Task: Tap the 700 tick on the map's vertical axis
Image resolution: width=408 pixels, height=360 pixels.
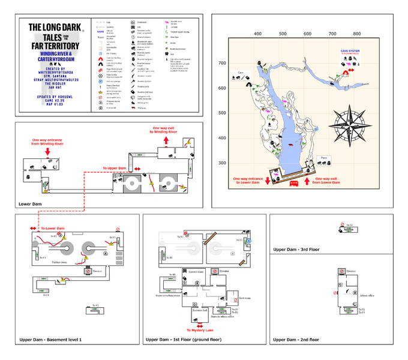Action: [222, 63]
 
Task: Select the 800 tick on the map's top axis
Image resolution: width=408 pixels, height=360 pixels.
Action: [357, 34]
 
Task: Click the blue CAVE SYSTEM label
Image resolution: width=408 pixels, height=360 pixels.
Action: [350, 52]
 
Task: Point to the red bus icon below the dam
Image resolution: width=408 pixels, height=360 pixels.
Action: [294, 184]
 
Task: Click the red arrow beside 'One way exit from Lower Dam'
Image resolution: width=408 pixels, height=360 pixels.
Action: [308, 180]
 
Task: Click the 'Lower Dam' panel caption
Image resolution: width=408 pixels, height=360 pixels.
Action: [30, 204]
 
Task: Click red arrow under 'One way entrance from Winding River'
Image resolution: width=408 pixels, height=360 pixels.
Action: [47, 152]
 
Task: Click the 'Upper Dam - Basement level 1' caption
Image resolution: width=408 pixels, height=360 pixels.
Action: [50, 340]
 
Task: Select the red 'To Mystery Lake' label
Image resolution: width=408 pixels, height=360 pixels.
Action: [200, 330]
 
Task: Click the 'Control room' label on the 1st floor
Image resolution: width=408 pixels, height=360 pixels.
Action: [198, 272]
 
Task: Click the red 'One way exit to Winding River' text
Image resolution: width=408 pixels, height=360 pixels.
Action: [166, 131]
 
